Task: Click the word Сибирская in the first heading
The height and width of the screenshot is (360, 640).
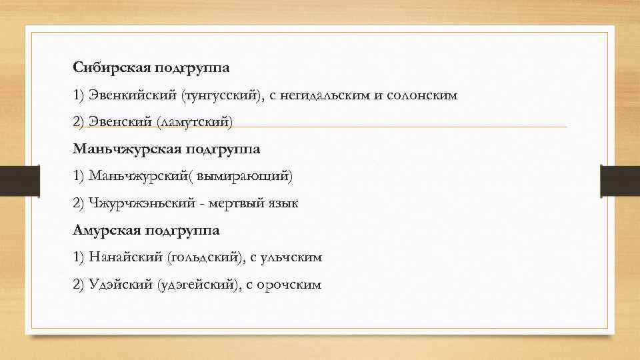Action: coord(111,67)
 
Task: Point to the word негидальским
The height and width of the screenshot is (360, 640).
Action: coord(325,95)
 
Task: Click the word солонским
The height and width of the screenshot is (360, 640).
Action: coord(421,95)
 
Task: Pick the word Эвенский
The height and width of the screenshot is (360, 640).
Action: coord(119,121)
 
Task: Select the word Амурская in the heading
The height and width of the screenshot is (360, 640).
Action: coord(107,230)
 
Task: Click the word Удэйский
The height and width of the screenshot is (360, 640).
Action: coord(119,285)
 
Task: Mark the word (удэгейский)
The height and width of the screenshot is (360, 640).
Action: coord(197,285)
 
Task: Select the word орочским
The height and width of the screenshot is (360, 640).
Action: coord(290,285)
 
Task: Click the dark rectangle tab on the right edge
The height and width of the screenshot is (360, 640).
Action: coord(619,181)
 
